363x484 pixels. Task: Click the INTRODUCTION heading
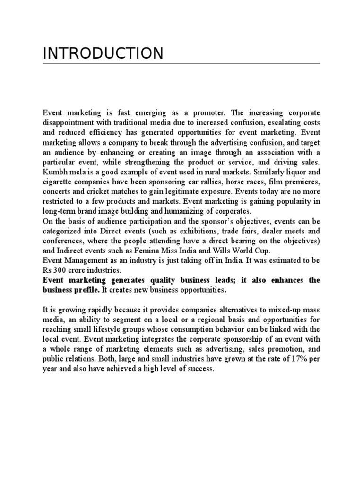tap(103, 53)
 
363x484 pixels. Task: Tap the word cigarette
tap(58, 181)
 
